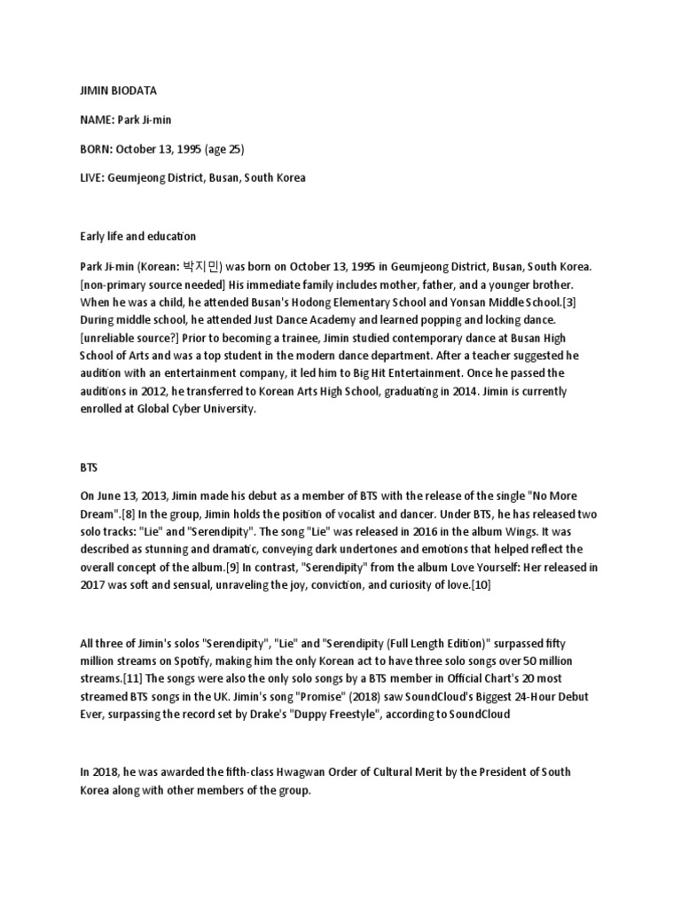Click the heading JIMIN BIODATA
click(110, 90)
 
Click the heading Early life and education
click(137, 237)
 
